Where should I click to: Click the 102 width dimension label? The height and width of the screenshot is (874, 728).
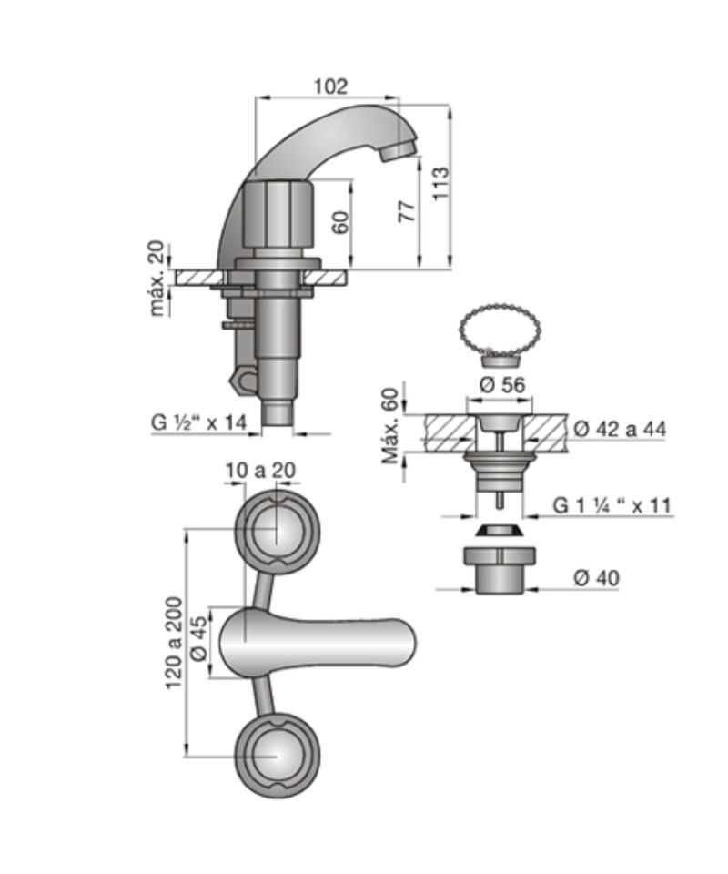[330, 86]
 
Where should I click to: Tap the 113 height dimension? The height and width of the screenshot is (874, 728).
[440, 183]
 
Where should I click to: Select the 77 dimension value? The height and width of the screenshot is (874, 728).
[408, 210]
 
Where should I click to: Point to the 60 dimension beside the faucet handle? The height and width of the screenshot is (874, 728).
[341, 221]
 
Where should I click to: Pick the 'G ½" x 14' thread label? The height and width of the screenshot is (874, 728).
[198, 422]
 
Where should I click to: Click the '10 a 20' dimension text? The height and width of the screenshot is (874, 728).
[260, 471]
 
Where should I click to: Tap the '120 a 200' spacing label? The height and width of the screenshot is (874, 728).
[175, 643]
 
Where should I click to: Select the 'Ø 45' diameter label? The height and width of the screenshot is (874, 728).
[198, 642]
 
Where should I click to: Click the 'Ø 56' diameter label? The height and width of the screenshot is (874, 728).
[501, 384]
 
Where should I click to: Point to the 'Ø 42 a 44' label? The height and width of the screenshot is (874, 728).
[620, 429]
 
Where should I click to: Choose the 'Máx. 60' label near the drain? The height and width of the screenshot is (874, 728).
[390, 425]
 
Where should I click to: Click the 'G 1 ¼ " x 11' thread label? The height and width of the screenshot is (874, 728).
[612, 505]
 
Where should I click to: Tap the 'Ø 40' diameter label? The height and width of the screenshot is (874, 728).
[596, 578]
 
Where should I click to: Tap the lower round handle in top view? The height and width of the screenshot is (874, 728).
[278, 756]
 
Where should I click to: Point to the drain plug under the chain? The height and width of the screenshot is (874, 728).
[500, 361]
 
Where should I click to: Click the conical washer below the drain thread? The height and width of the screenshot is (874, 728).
[500, 530]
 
